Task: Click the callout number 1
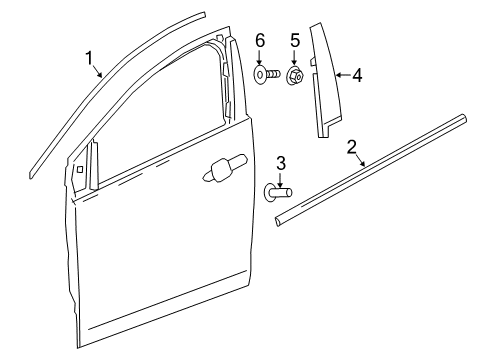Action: tap(91, 58)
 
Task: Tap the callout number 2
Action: tap(352, 148)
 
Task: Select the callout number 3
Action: tap(281, 162)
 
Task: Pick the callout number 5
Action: tap(293, 42)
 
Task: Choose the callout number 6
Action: tap(259, 42)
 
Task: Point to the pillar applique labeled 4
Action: tap(323, 80)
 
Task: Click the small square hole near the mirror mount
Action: tap(78, 169)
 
